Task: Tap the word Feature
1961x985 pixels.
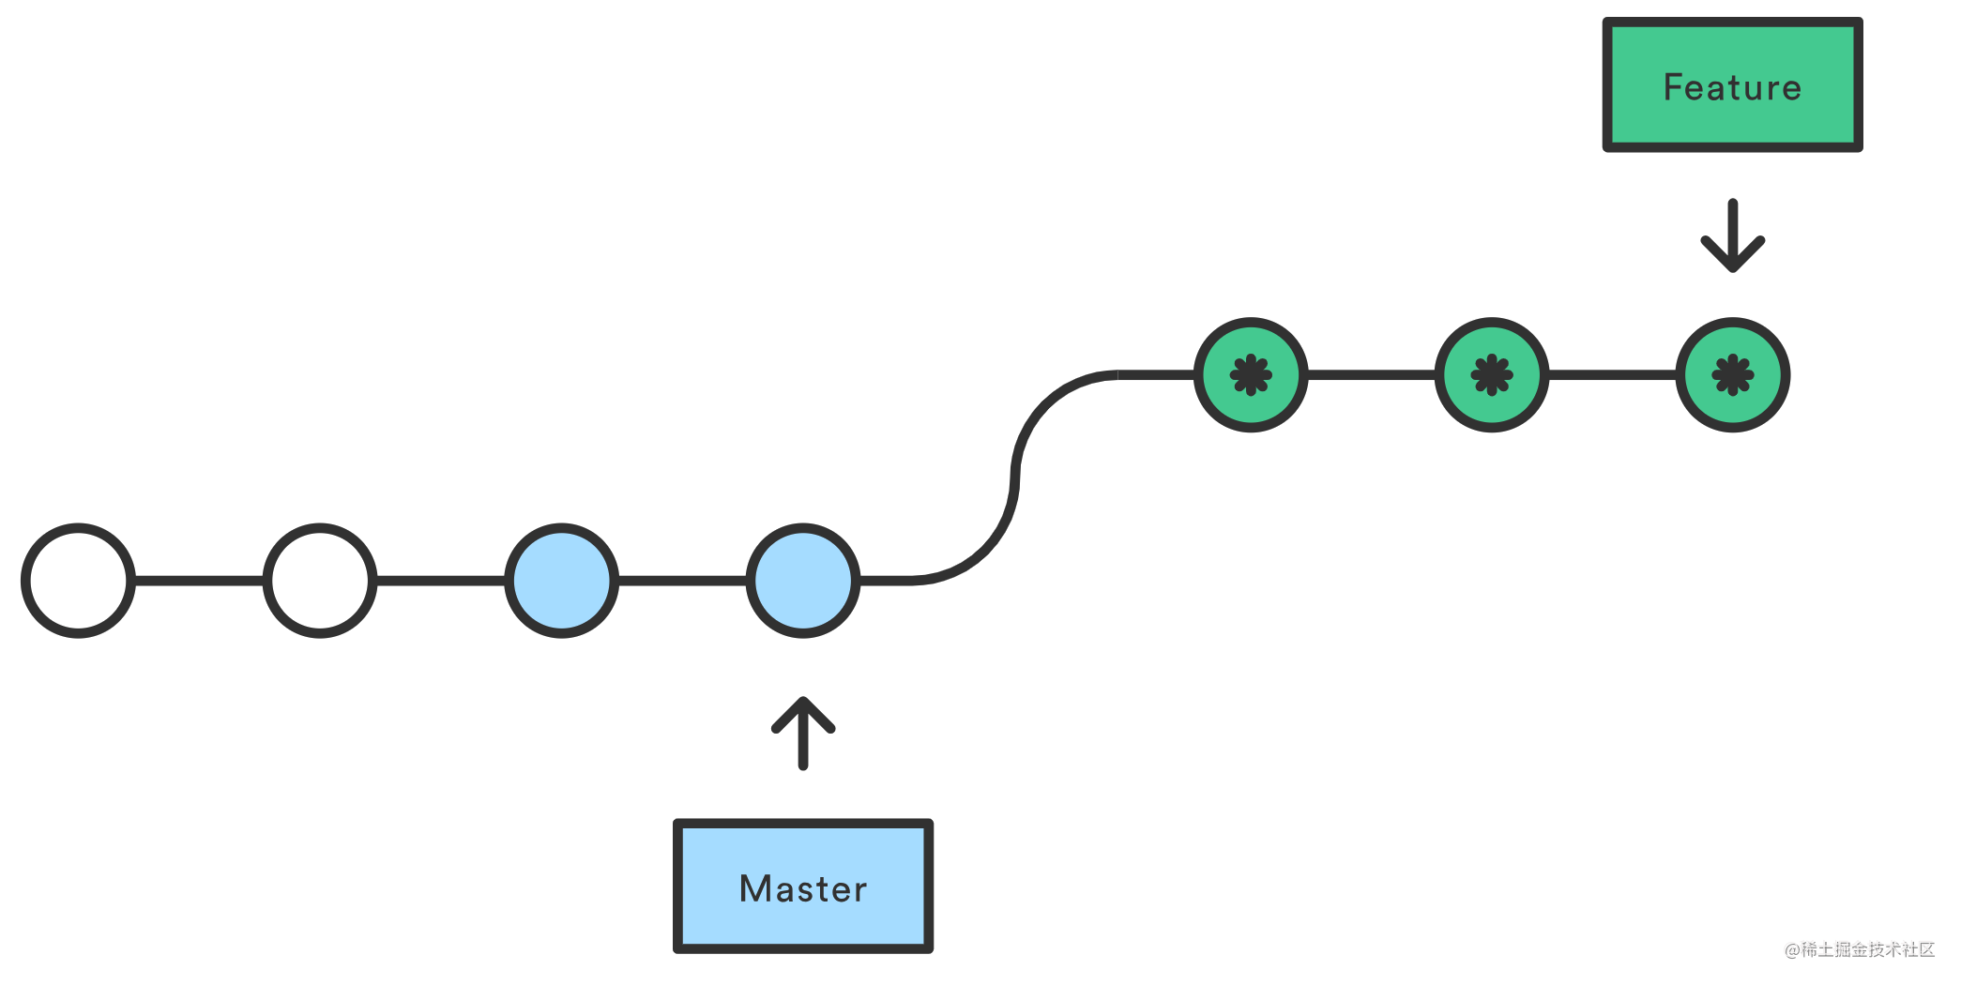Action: click(x=1732, y=87)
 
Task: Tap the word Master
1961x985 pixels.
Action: click(x=803, y=888)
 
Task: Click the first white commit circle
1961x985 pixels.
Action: click(x=79, y=581)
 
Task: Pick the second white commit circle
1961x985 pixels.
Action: click(x=320, y=581)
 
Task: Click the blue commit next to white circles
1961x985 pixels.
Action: click(x=562, y=581)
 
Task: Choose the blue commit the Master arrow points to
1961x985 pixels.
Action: click(x=803, y=581)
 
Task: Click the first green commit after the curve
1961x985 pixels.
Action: click(x=1251, y=375)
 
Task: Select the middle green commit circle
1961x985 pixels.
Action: click(x=1492, y=375)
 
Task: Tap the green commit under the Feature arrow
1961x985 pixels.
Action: click(x=1733, y=375)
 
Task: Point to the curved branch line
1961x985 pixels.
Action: click(x=1015, y=478)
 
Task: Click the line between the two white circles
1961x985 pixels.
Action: click(x=199, y=581)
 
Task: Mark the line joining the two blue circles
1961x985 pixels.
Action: click(x=682, y=581)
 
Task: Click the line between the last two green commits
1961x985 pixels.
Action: click(x=1612, y=375)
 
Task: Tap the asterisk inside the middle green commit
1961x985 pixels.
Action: click(x=1492, y=375)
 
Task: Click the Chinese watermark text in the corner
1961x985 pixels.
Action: click(x=1860, y=949)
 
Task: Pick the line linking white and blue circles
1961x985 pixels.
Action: click(x=441, y=581)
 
